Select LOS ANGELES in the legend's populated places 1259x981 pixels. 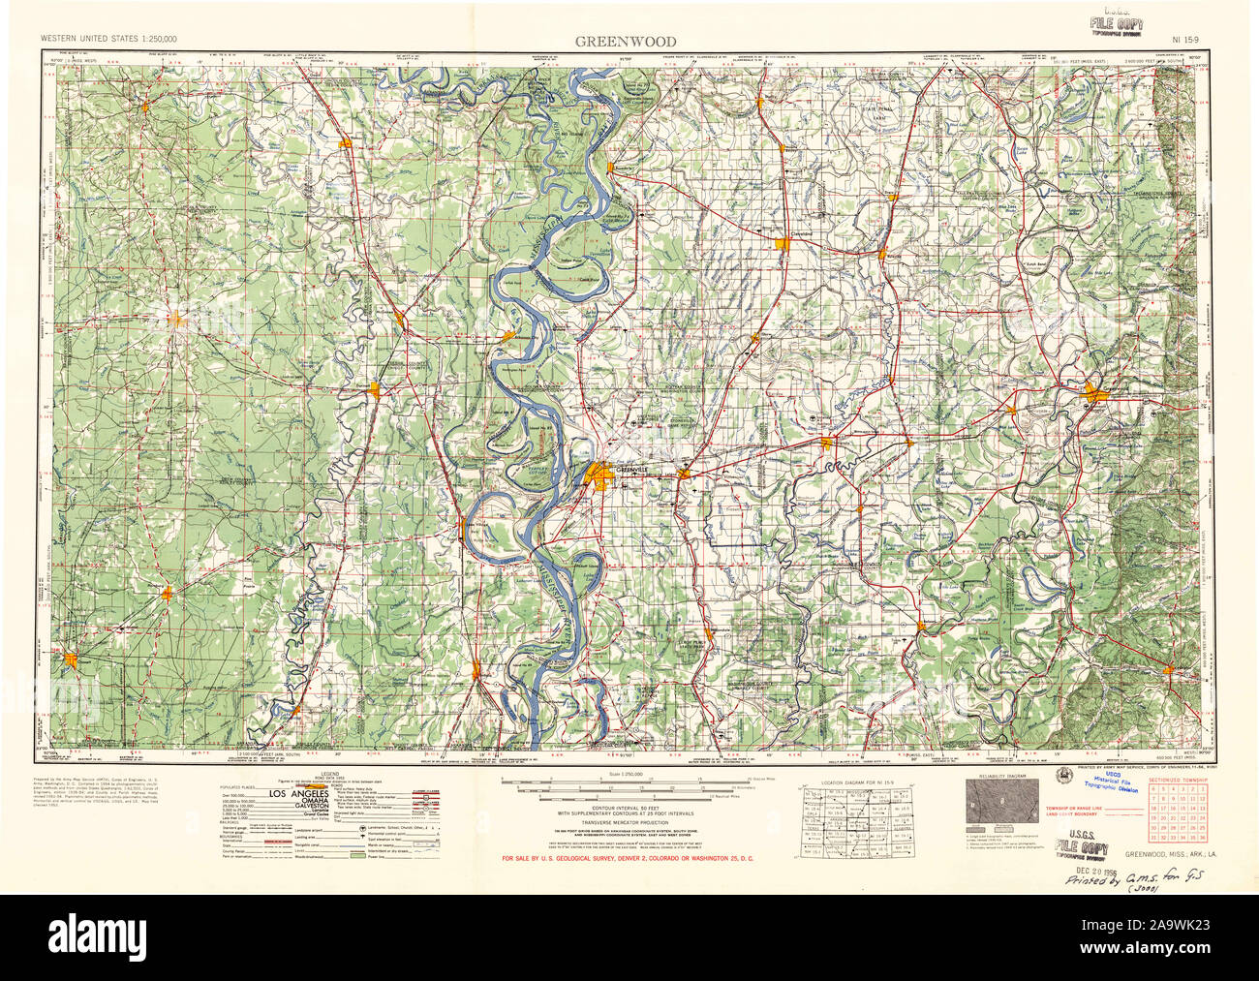[x=299, y=793]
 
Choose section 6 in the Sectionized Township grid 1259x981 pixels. [x=1153, y=791]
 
